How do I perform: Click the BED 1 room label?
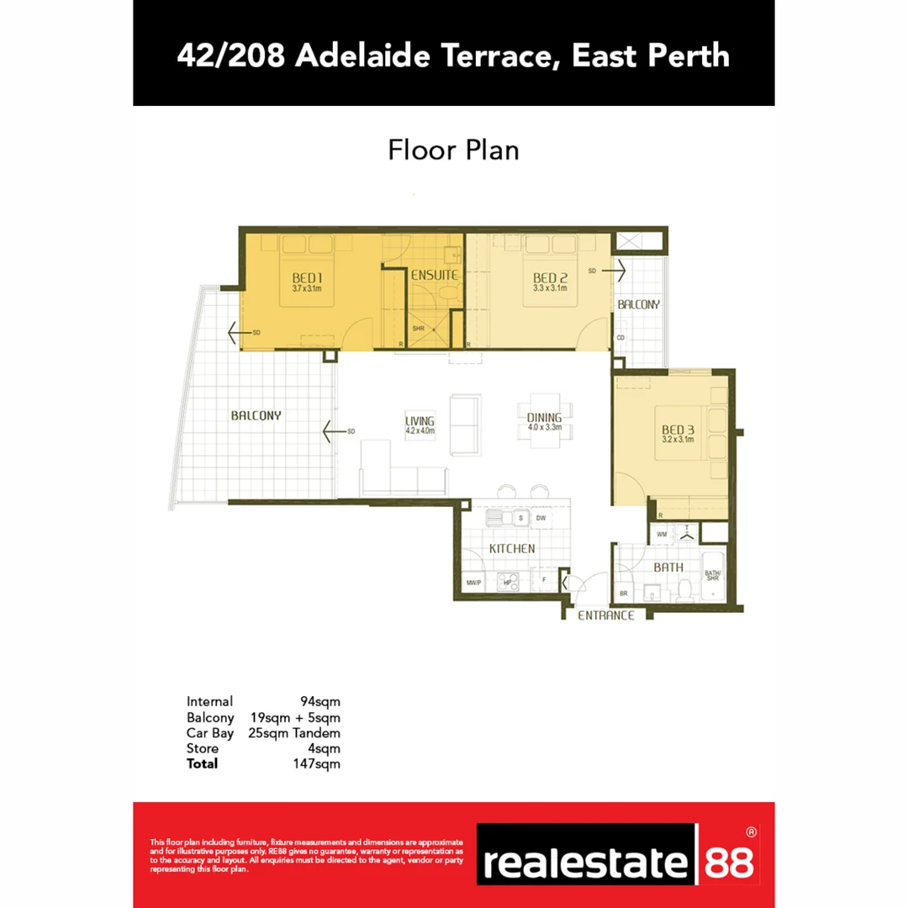tap(308, 278)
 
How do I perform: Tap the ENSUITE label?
tap(434, 275)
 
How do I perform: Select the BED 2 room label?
tap(550, 278)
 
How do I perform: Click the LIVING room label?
tap(419, 421)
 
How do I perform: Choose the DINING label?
tap(544, 418)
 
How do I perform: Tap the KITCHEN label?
tap(512, 548)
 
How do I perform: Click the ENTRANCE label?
tap(605, 615)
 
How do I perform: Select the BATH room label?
tap(668, 567)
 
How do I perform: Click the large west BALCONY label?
tap(256, 415)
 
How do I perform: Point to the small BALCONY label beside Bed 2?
tap(639, 304)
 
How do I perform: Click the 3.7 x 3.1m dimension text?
tap(308, 288)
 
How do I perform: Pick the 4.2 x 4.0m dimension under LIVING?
tap(419, 431)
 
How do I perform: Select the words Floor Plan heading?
tap(453, 150)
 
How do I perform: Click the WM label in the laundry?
tap(662, 534)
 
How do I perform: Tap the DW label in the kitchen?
tap(541, 519)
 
